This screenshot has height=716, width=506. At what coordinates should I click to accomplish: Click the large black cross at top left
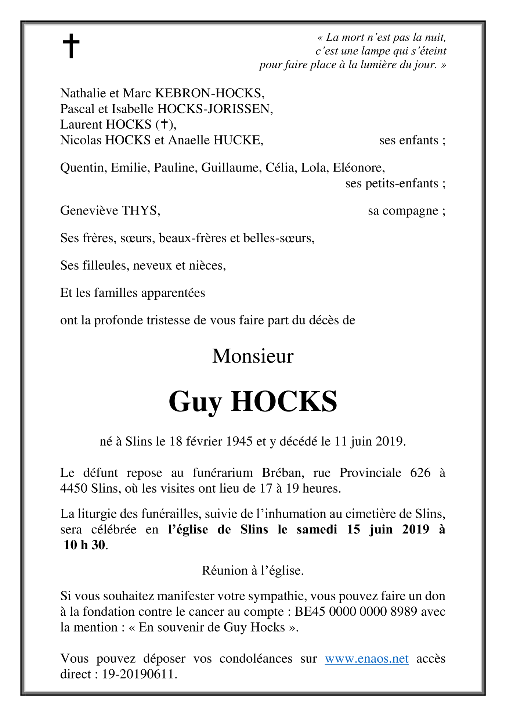click(x=71, y=46)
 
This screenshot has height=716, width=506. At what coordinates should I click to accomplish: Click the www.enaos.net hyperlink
click(x=366, y=658)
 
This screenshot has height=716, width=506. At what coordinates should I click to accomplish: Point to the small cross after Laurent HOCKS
click(x=165, y=124)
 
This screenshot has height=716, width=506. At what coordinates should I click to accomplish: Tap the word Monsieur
click(x=253, y=356)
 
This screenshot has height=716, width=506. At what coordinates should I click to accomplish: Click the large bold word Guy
click(x=195, y=402)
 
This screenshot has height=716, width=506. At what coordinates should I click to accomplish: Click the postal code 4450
click(x=74, y=489)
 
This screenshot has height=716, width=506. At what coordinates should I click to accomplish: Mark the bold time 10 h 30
click(x=84, y=545)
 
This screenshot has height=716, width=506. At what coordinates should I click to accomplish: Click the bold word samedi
click(x=317, y=529)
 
